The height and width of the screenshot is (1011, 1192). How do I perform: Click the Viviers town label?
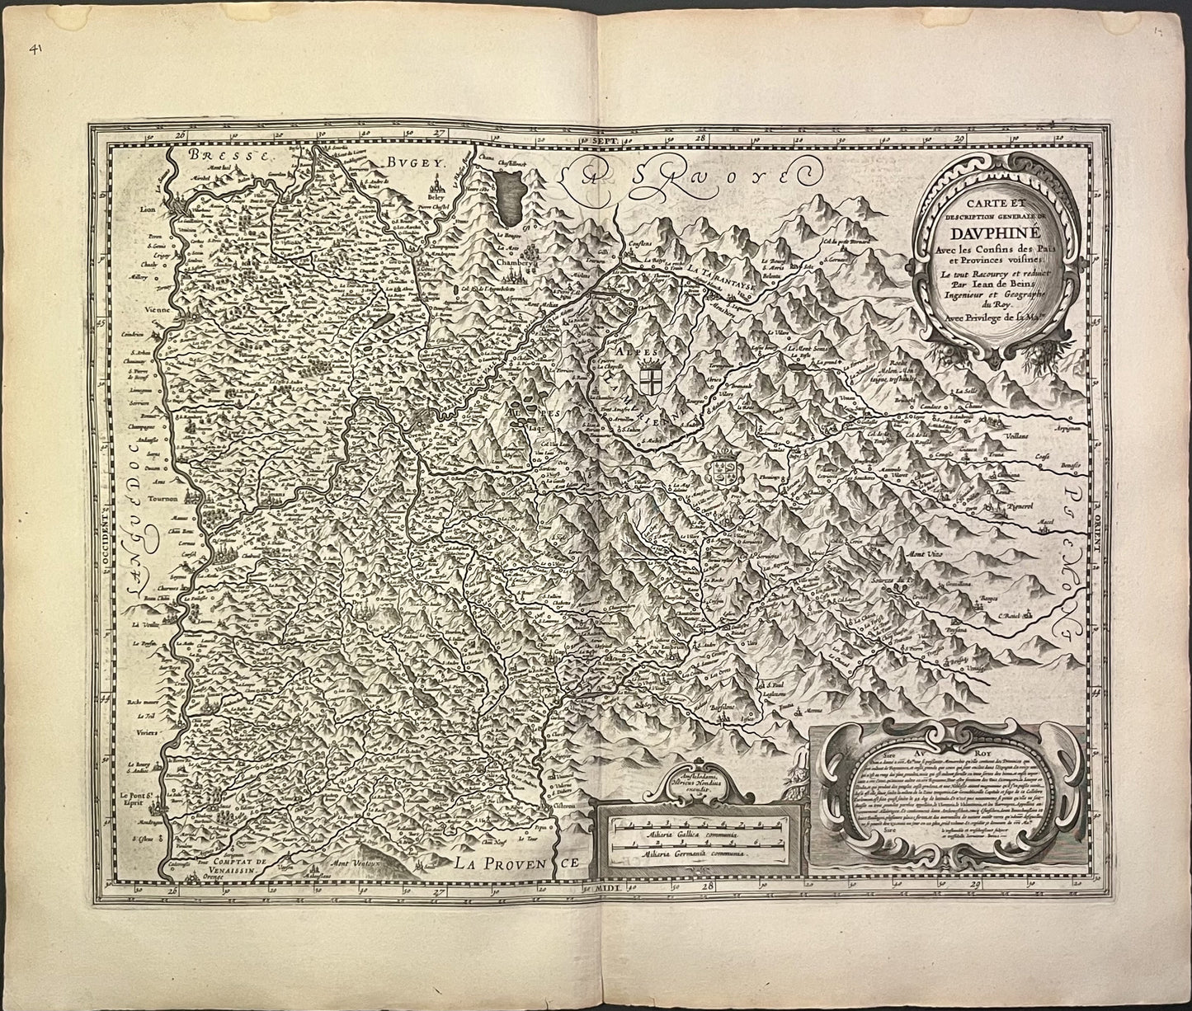coord(146,729)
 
